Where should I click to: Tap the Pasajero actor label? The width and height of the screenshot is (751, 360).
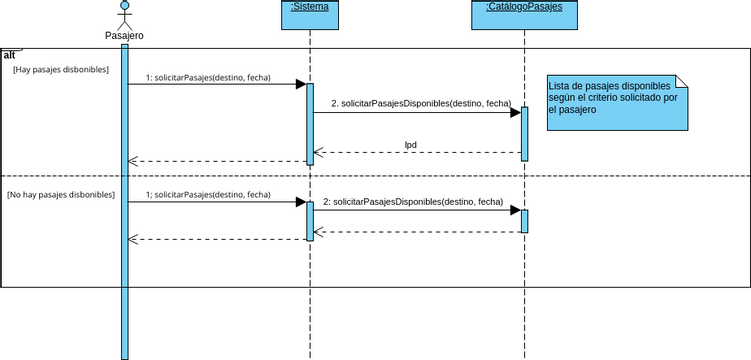[124, 36]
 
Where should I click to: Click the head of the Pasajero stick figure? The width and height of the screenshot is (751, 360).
[124, 6]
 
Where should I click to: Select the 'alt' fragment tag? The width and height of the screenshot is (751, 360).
[9, 54]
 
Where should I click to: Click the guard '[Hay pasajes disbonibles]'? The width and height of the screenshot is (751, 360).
[61, 70]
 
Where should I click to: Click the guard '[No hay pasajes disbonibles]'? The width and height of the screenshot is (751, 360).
[61, 194]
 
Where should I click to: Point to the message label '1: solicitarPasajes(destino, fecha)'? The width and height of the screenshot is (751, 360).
[208, 76]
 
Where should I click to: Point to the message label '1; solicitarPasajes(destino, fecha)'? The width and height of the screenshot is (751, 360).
[208, 194]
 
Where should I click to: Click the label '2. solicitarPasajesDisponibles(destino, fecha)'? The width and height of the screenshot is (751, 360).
[420, 103]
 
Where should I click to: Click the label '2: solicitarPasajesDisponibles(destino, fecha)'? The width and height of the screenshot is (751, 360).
[412, 201]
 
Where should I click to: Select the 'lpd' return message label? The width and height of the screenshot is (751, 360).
[410, 144]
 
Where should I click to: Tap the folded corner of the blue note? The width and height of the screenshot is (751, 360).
[683, 80]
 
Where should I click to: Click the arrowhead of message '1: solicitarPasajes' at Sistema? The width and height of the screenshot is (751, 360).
[300, 84]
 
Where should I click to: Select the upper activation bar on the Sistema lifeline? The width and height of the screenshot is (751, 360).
[310, 123]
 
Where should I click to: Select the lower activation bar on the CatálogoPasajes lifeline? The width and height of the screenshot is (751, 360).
[524, 220]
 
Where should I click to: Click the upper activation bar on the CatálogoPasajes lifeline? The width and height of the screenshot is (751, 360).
[524, 133]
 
